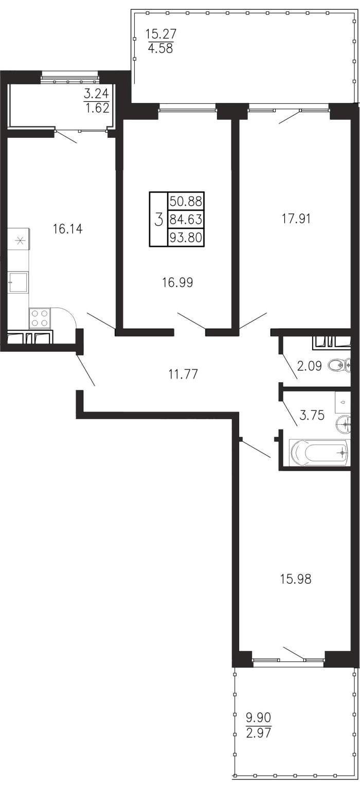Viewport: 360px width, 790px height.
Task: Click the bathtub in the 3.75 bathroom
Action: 319,452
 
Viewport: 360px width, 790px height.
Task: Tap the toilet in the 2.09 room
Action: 339,365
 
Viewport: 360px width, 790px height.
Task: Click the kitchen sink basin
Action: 19,282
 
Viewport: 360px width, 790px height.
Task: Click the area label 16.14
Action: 67,229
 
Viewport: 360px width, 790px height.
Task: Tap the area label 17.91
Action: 296,219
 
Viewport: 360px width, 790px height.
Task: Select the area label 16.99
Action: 178,282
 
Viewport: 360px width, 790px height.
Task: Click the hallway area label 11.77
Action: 183,374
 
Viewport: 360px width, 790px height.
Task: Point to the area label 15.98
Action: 296,579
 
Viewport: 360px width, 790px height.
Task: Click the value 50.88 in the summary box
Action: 186,202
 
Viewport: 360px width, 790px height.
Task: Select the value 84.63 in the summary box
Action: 186,220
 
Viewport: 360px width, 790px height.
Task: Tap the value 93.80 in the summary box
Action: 186,237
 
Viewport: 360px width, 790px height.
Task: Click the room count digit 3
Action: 159,220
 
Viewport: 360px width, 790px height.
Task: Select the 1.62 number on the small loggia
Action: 97,107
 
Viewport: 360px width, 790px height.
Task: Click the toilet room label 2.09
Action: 309,366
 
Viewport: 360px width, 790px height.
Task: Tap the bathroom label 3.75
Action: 312,415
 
